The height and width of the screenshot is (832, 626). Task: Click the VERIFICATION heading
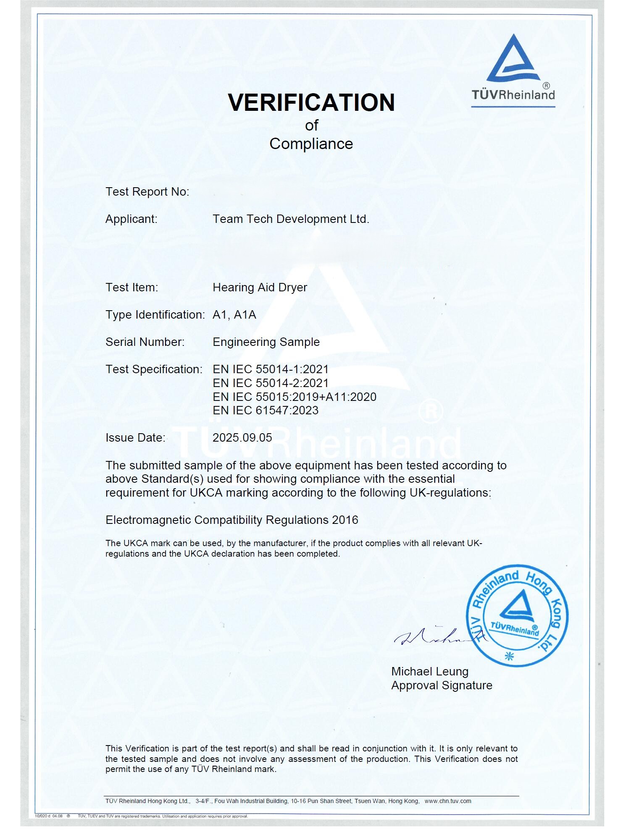(x=311, y=103)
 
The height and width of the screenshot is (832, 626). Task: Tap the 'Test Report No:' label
(x=147, y=192)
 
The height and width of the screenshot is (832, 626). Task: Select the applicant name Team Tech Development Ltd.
(x=291, y=219)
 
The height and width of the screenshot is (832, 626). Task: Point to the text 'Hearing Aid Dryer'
(x=260, y=288)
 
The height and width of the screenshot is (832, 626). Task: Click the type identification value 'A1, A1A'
(x=234, y=315)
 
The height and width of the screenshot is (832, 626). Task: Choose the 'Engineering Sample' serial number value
(x=266, y=342)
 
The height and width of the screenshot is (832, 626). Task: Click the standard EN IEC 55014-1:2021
(x=271, y=369)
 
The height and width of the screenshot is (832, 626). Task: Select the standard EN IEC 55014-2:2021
(x=271, y=383)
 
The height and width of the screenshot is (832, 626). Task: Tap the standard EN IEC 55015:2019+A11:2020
(x=294, y=397)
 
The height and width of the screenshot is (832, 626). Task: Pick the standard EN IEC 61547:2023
(x=266, y=411)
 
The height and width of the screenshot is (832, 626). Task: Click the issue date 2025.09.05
(x=242, y=438)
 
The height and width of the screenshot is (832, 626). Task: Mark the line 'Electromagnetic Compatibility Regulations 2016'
(x=231, y=520)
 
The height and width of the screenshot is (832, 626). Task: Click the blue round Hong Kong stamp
(x=516, y=615)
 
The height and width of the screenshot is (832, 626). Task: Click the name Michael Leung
(x=429, y=672)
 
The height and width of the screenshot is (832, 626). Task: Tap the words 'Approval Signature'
(x=442, y=685)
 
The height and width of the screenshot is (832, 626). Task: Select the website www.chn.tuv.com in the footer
(x=448, y=801)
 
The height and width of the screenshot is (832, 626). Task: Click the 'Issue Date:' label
(x=135, y=438)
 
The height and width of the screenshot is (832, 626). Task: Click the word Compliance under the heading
(x=311, y=144)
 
